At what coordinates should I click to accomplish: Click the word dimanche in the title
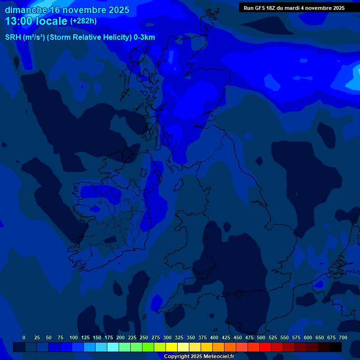[x=26, y=10]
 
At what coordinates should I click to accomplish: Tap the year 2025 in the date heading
[x=115, y=10]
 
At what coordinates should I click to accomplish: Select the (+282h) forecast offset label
[x=83, y=21]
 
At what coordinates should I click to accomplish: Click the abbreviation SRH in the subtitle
[x=13, y=37]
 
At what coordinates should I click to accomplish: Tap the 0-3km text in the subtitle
[x=144, y=37]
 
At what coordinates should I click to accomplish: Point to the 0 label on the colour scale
[x=24, y=337]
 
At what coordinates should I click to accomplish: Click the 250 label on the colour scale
[x=144, y=337]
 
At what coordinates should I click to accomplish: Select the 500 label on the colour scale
[x=261, y=337]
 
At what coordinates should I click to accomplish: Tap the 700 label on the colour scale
[x=343, y=337]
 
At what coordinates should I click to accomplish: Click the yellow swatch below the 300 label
[x=172, y=347]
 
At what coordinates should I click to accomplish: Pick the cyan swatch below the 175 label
[x=113, y=347]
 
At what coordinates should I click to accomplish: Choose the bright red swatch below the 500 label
[x=265, y=347]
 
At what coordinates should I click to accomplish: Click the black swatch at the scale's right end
[x=336, y=347]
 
